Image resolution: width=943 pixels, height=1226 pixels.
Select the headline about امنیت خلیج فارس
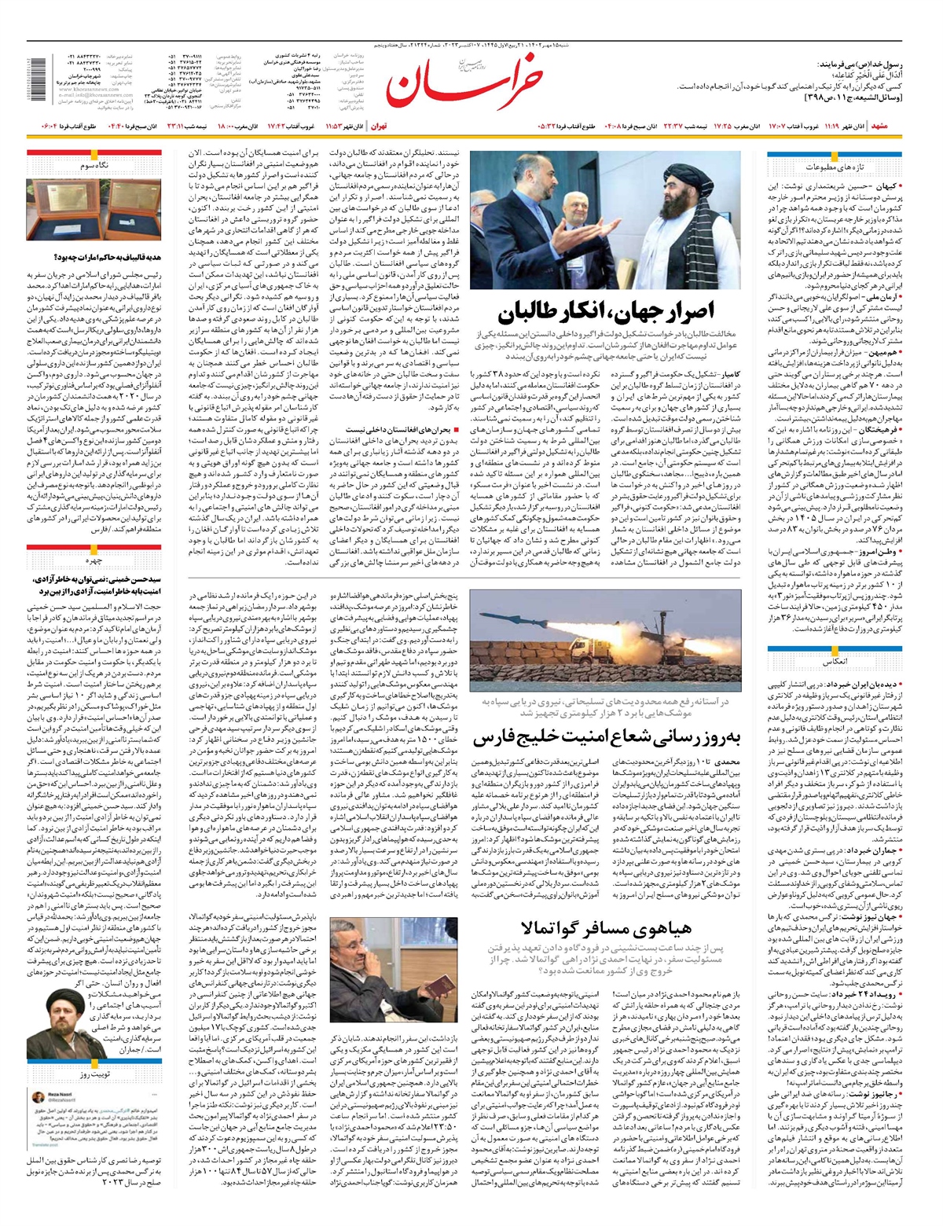pos(607,738)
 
